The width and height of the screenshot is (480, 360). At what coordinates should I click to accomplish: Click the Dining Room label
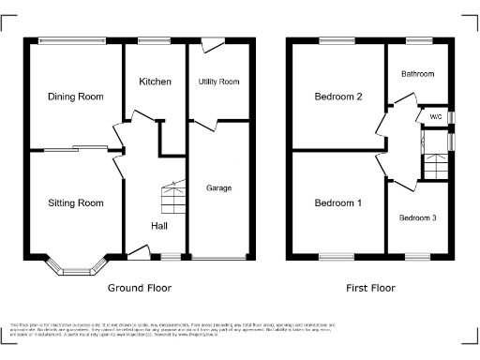click(75, 97)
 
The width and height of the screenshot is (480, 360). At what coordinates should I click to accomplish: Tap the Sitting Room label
click(75, 202)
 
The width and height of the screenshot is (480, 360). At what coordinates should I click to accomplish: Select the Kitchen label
click(155, 82)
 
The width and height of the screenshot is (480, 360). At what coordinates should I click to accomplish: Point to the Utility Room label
click(218, 82)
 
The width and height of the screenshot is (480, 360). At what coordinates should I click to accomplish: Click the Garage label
click(218, 188)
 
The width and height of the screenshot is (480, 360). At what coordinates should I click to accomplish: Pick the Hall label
click(159, 226)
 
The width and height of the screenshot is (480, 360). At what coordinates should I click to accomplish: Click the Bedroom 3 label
click(417, 217)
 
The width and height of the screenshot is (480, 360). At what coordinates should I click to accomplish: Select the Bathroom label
click(418, 73)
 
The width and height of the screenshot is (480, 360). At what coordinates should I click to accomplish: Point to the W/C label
click(434, 117)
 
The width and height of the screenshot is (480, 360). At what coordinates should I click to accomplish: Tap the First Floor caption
click(369, 288)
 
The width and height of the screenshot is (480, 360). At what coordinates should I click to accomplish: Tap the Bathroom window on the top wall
click(418, 39)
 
